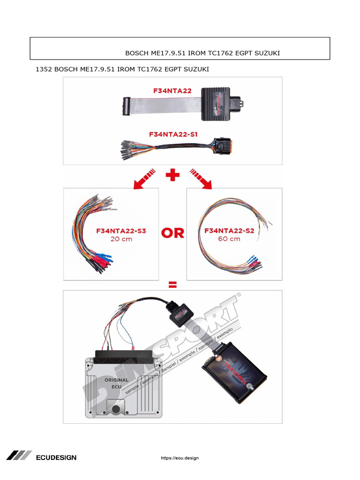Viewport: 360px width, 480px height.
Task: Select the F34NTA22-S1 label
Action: point(173,134)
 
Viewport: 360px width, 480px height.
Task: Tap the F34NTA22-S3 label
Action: point(121,231)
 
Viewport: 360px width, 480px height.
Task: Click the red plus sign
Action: point(173,176)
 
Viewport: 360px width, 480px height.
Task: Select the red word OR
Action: point(173,233)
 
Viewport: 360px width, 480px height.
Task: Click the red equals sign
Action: point(173,285)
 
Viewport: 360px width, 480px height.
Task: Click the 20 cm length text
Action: point(121,239)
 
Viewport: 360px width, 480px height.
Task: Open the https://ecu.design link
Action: point(180,458)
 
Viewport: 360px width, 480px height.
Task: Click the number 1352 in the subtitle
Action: point(44,69)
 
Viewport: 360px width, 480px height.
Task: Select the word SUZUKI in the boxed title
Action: point(267,53)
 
